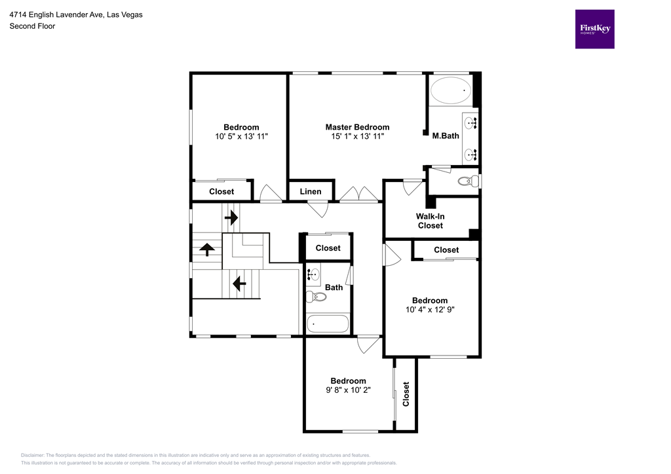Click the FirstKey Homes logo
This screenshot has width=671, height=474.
(x=594, y=29)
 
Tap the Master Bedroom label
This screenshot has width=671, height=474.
(x=357, y=127)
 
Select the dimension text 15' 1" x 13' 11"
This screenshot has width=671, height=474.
(x=357, y=136)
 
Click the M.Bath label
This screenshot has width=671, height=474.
(x=446, y=136)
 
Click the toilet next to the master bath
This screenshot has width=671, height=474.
(x=467, y=181)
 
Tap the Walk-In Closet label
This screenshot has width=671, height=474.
(x=430, y=221)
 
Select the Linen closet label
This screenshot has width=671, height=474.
(x=311, y=191)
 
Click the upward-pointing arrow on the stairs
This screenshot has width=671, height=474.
(x=207, y=249)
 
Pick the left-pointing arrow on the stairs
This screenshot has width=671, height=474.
(x=239, y=283)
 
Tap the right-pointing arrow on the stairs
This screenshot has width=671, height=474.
(x=231, y=217)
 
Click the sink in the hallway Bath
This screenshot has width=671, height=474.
(x=313, y=275)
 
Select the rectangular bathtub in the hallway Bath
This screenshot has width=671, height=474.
(x=328, y=323)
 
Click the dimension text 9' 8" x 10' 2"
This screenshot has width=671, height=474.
(x=348, y=390)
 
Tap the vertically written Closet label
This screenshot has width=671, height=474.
(x=406, y=394)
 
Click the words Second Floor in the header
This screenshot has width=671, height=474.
(x=32, y=26)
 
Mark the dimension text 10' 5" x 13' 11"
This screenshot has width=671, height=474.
(x=241, y=136)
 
